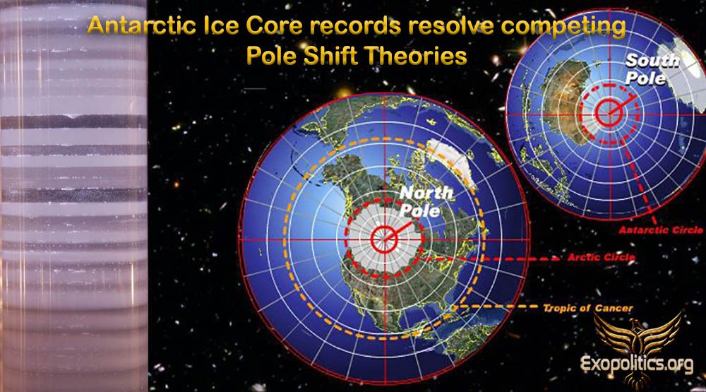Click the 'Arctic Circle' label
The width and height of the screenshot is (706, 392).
pos(601,257)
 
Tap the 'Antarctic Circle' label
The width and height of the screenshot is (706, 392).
pos(661,230)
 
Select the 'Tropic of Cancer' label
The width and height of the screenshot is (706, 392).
pos(588,308)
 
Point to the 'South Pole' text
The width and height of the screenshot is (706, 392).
pos(651,69)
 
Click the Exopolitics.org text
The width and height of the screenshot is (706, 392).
pos(637,364)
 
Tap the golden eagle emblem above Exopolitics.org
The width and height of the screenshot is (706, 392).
pos(638,336)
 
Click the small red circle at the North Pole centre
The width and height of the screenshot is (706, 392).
pos(384,239)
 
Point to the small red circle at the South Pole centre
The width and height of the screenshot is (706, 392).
pos(609,112)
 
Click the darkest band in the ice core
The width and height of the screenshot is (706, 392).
pos(73,121)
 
